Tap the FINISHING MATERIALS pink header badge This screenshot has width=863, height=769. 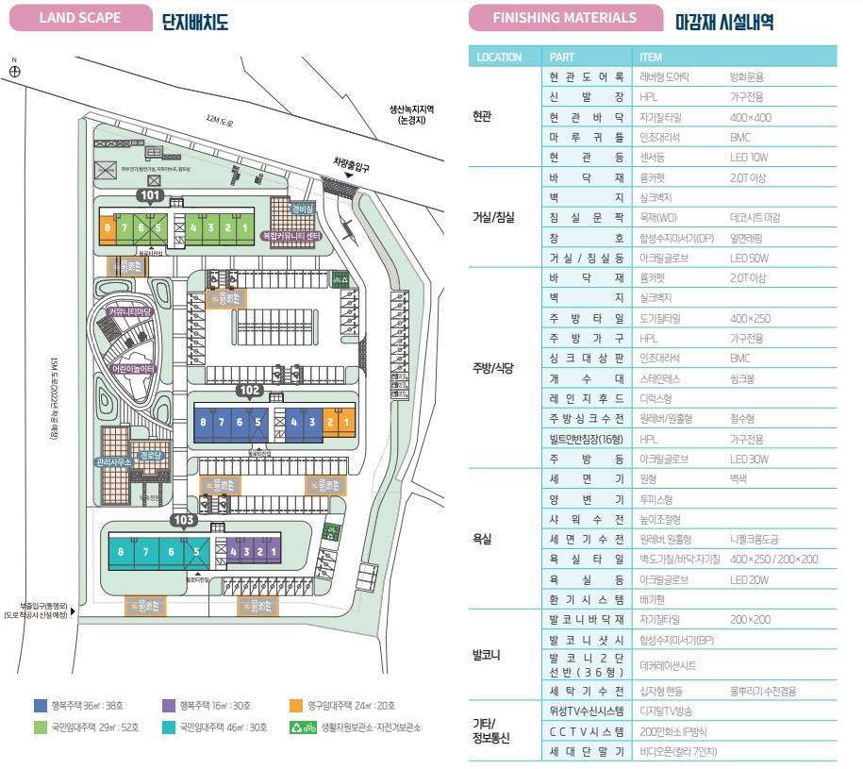(x=564, y=18)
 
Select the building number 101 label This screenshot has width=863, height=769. (x=150, y=195)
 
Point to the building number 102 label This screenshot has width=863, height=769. (x=249, y=389)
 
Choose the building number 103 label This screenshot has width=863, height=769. (x=184, y=520)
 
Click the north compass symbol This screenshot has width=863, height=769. (x=14, y=69)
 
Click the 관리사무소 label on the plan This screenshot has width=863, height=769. (x=113, y=462)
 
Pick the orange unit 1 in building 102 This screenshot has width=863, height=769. (x=346, y=422)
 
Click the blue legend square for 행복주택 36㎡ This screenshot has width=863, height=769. (x=41, y=705)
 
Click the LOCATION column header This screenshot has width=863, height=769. (x=499, y=57)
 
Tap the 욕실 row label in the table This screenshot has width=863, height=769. (x=483, y=538)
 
